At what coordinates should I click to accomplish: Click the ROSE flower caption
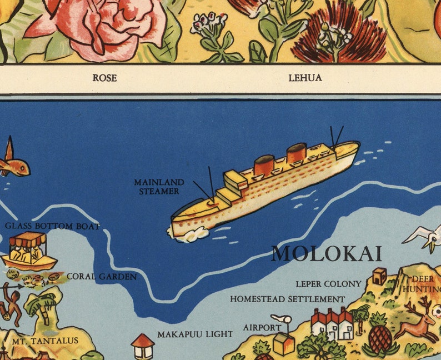[x=104, y=78]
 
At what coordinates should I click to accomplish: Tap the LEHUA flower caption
[x=305, y=78]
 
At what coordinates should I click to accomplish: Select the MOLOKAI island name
[x=327, y=254]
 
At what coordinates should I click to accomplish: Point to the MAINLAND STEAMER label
[x=159, y=187]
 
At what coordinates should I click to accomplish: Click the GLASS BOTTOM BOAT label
[x=53, y=226]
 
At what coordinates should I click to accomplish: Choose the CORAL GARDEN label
[x=102, y=276]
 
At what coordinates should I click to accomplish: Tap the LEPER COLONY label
[x=328, y=284]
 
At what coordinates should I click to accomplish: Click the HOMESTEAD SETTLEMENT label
[x=287, y=299]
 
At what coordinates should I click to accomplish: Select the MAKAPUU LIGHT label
[x=195, y=334]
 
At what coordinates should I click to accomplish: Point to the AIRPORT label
[x=262, y=328]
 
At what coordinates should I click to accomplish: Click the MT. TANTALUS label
[x=46, y=340]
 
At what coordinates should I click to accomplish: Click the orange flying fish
[x=13, y=163]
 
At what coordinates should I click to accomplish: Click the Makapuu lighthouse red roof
[x=143, y=340]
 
